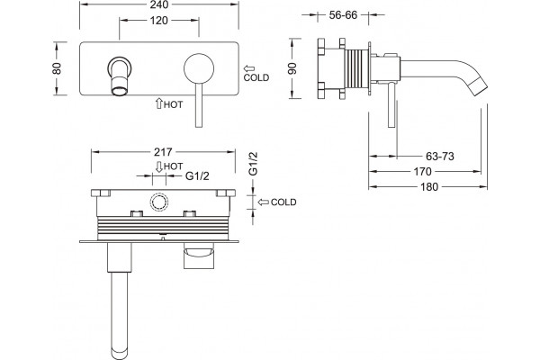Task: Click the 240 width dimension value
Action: click(x=159, y=4)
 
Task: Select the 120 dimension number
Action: click(x=158, y=21)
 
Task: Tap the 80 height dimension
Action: click(x=57, y=68)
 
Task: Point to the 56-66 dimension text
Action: click(x=343, y=15)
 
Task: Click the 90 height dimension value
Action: click(x=292, y=68)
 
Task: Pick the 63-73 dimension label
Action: click(x=440, y=157)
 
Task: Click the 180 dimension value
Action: click(x=428, y=187)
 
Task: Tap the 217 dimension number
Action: click(x=163, y=152)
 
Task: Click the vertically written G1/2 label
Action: click(x=253, y=164)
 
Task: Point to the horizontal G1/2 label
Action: click(x=197, y=176)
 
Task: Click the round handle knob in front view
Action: click(x=199, y=67)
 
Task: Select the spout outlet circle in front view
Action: click(x=119, y=91)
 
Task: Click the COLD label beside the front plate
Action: click(x=256, y=78)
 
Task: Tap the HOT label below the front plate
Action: click(x=173, y=104)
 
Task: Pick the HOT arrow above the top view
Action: click(x=158, y=166)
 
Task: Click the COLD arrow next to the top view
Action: click(x=264, y=202)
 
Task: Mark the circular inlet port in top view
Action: click(x=158, y=202)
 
